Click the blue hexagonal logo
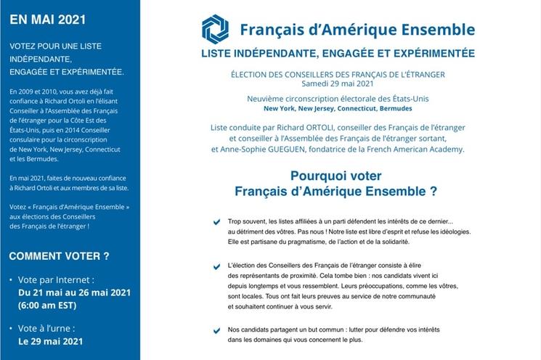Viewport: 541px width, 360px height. [215, 29]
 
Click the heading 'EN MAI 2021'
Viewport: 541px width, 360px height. [41, 20]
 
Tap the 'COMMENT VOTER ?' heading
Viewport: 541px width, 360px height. [59, 255]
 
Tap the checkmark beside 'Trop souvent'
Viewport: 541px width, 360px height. [216, 222]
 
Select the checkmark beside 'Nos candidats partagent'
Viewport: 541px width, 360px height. [216, 331]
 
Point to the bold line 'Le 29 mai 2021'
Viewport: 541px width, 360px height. [51, 340]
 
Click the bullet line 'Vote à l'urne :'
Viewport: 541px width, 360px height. [51, 327]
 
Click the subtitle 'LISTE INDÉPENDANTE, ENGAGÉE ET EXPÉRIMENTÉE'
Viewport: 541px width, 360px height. [338, 54]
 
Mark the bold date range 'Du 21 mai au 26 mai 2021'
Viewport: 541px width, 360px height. [74, 292]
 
